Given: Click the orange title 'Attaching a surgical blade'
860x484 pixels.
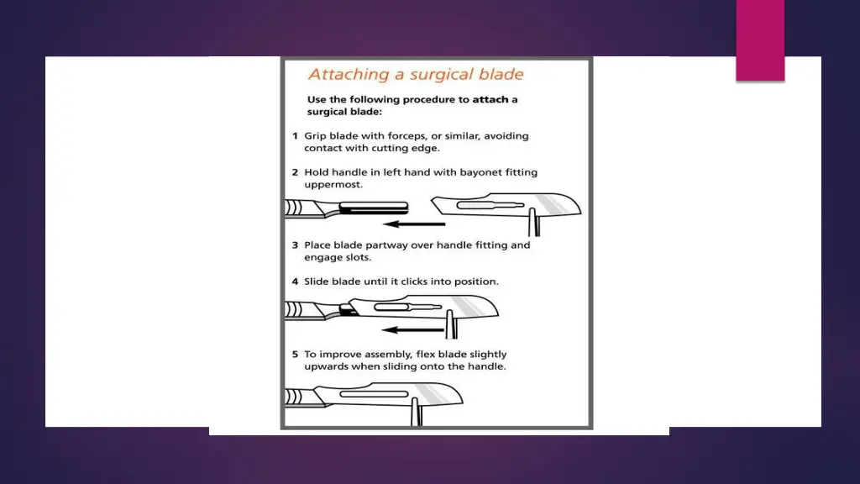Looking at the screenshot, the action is pyautogui.click(x=416, y=75).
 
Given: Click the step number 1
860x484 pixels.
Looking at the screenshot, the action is pyautogui.click(x=295, y=136).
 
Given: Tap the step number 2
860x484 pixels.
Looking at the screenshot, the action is pyautogui.click(x=295, y=172).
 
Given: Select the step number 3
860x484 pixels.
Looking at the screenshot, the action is pyautogui.click(x=295, y=245).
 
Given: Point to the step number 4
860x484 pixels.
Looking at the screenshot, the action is pyautogui.click(x=295, y=281).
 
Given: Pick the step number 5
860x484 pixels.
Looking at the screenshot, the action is pyautogui.click(x=295, y=355).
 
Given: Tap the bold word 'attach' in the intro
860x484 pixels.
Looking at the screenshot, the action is pyautogui.click(x=490, y=100).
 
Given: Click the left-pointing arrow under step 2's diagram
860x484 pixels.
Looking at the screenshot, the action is pyautogui.click(x=414, y=224).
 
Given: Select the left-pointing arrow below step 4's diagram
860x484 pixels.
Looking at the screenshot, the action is pyautogui.click(x=412, y=329).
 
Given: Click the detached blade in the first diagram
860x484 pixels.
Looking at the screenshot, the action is pyautogui.click(x=506, y=204).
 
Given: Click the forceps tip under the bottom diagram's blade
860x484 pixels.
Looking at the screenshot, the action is pyautogui.click(x=417, y=412).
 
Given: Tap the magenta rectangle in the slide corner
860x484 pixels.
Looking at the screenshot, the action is pyautogui.click(x=760, y=40).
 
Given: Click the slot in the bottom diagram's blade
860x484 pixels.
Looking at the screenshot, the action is pyautogui.click(x=374, y=394).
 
